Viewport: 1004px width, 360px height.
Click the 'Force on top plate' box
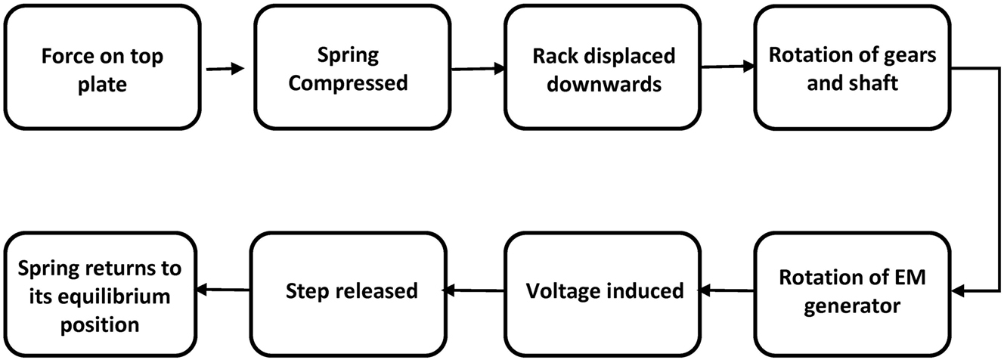pos(102,69)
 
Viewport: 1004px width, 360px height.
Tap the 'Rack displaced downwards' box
pos(603,69)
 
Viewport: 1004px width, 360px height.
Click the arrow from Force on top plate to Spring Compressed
pos(226,69)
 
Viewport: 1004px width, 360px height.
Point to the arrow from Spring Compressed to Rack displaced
pos(477,69)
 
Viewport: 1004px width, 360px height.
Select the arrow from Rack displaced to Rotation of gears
pos(727,67)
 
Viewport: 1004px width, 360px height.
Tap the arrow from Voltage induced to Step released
pos(474,290)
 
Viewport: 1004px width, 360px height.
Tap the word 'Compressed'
pos(349,82)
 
